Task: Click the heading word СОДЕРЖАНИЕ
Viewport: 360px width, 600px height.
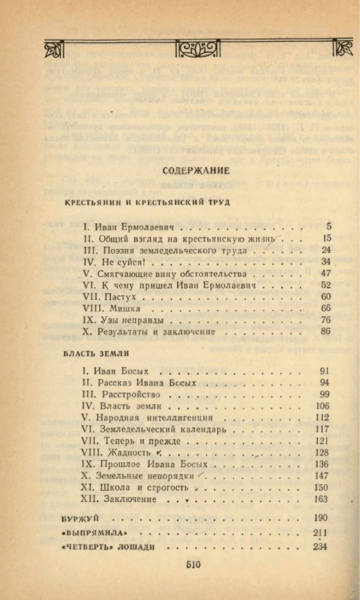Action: [x=196, y=170]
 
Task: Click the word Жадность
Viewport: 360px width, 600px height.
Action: [x=130, y=452]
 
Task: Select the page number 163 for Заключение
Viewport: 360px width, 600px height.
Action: [x=322, y=499]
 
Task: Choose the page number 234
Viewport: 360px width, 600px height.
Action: [x=320, y=547]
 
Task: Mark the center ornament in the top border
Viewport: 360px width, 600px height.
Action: [x=196, y=49]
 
